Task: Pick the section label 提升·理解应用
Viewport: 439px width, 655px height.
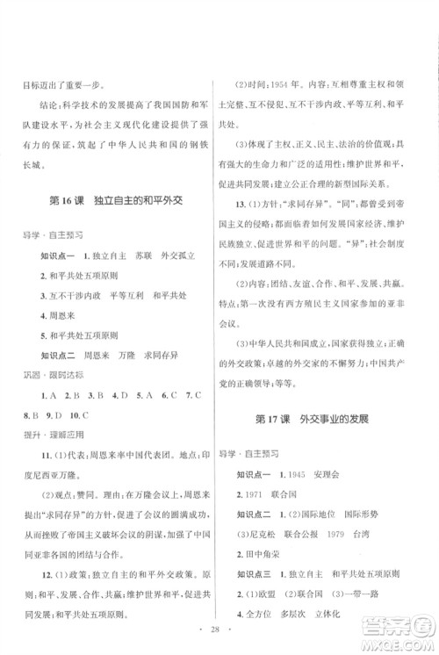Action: pos(53,436)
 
